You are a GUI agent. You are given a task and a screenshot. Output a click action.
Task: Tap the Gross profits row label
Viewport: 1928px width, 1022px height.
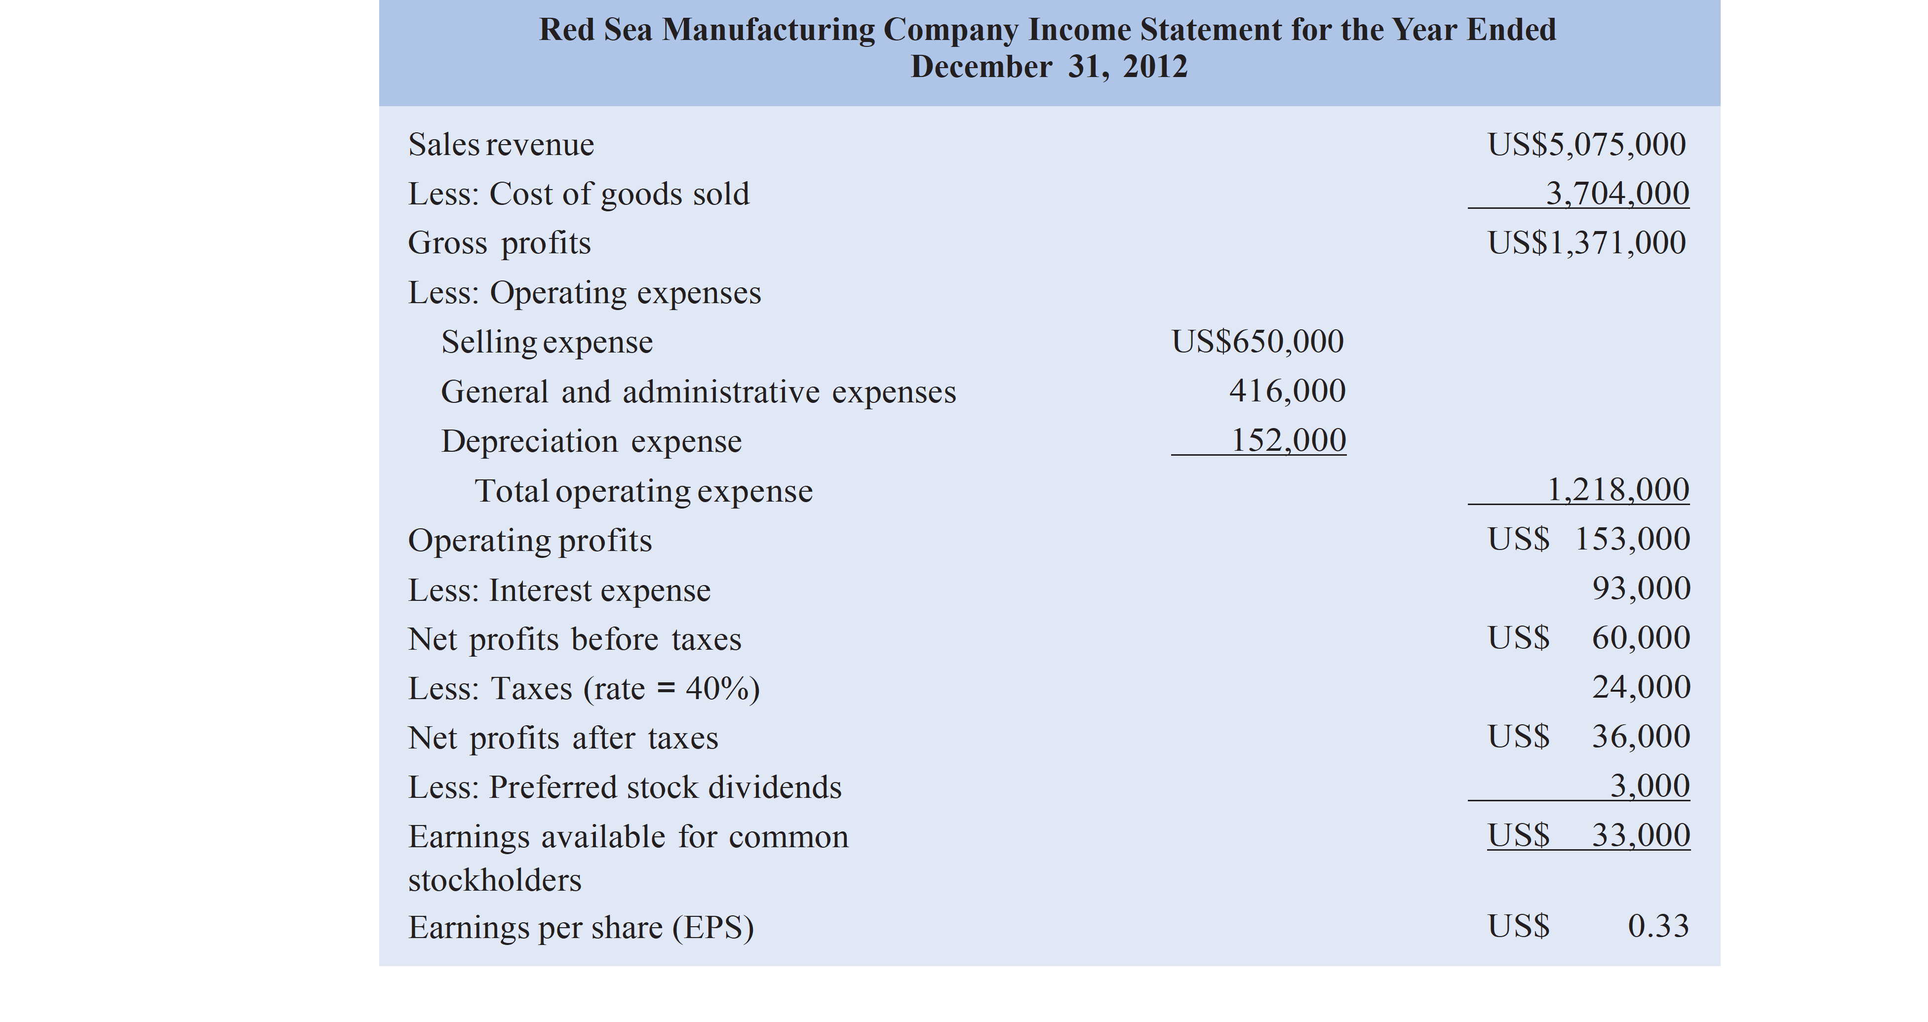(x=499, y=243)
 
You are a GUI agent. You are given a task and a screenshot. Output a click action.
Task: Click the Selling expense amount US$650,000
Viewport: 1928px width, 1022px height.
(x=1258, y=342)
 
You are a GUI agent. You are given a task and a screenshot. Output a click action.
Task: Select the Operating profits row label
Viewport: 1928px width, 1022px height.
(x=530, y=540)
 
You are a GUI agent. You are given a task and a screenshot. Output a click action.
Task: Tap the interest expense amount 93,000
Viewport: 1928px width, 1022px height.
(x=1641, y=589)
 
